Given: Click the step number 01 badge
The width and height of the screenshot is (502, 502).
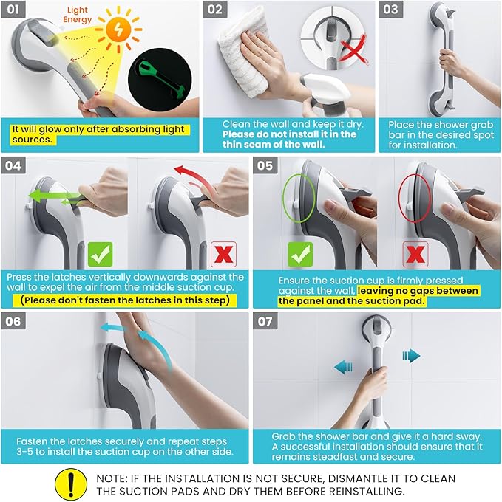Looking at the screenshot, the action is coord(13,9).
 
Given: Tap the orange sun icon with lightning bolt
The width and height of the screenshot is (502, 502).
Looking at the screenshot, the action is coord(118,30).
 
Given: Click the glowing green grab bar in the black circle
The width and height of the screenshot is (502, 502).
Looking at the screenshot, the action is coord(160,79).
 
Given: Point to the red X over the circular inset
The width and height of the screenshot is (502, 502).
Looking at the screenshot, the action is coord(353,50).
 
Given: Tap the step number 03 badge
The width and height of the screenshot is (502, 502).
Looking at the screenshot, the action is coord(390,9).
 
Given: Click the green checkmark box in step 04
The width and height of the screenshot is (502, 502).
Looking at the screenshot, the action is coord(101,254).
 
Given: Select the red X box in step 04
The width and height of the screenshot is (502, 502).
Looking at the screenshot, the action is coord(223,254).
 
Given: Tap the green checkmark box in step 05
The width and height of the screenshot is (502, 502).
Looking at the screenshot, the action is coord(300,254).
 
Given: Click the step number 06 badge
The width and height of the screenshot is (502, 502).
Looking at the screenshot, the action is coord(13,321).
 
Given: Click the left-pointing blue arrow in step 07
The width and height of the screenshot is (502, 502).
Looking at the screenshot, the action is coord(343,367).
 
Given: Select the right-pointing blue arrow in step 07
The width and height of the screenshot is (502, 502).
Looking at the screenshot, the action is coord(411,356).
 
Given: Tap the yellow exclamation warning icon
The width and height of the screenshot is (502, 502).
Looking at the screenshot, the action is coord(71,484).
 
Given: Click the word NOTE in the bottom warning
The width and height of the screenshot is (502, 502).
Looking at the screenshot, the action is coord(111,478).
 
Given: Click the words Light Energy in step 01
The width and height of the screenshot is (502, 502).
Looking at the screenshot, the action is coord(78,15).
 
